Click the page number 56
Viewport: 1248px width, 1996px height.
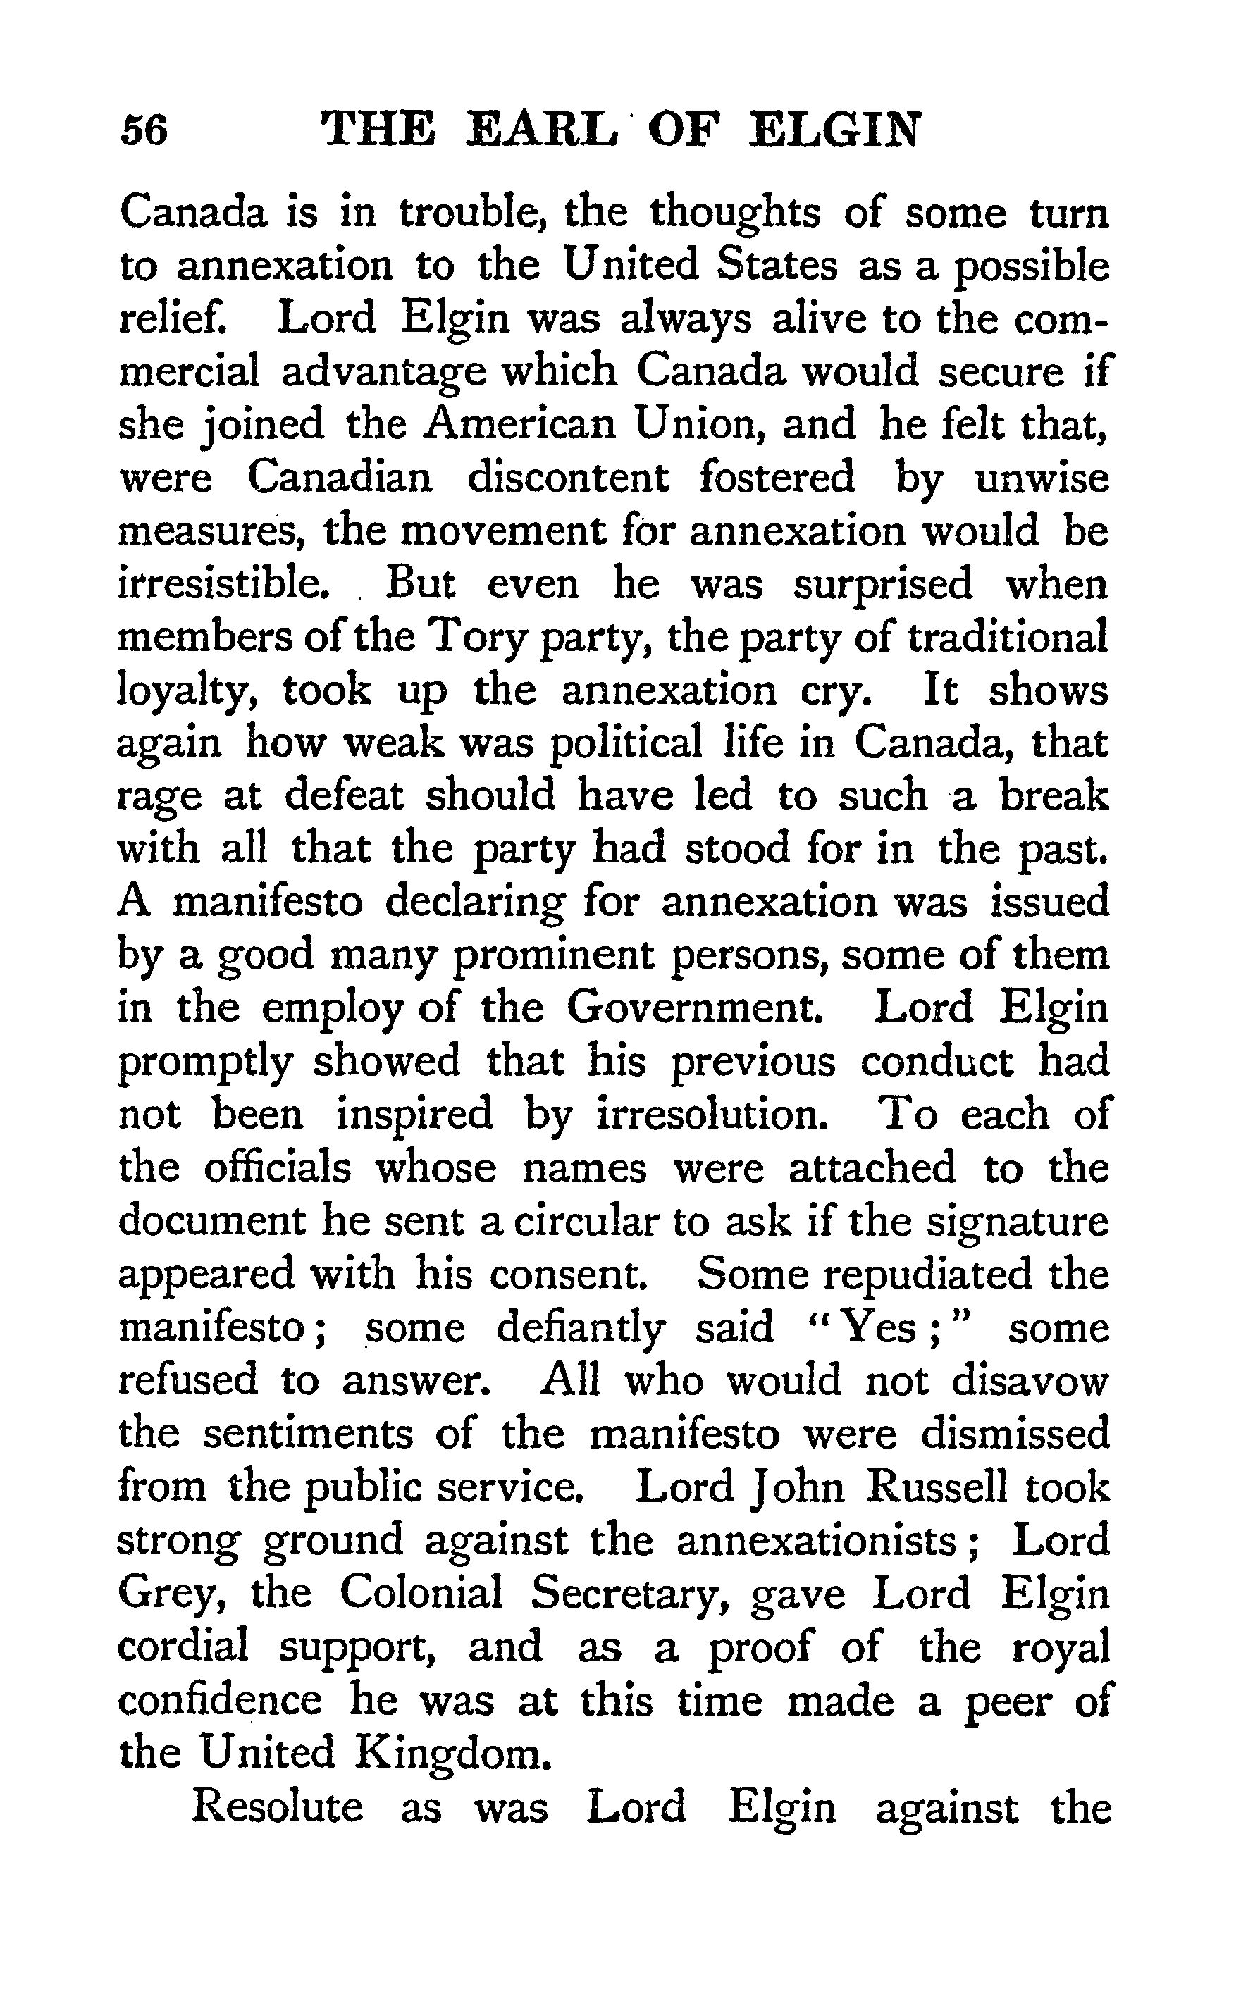pyautogui.click(x=144, y=130)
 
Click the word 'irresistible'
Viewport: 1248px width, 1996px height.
pyautogui.click(x=225, y=584)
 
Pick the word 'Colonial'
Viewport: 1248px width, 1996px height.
pyautogui.click(x=421, y=1592)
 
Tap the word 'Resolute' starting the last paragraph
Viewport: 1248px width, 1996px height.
pyautogui.click(x=278, y=1806)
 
